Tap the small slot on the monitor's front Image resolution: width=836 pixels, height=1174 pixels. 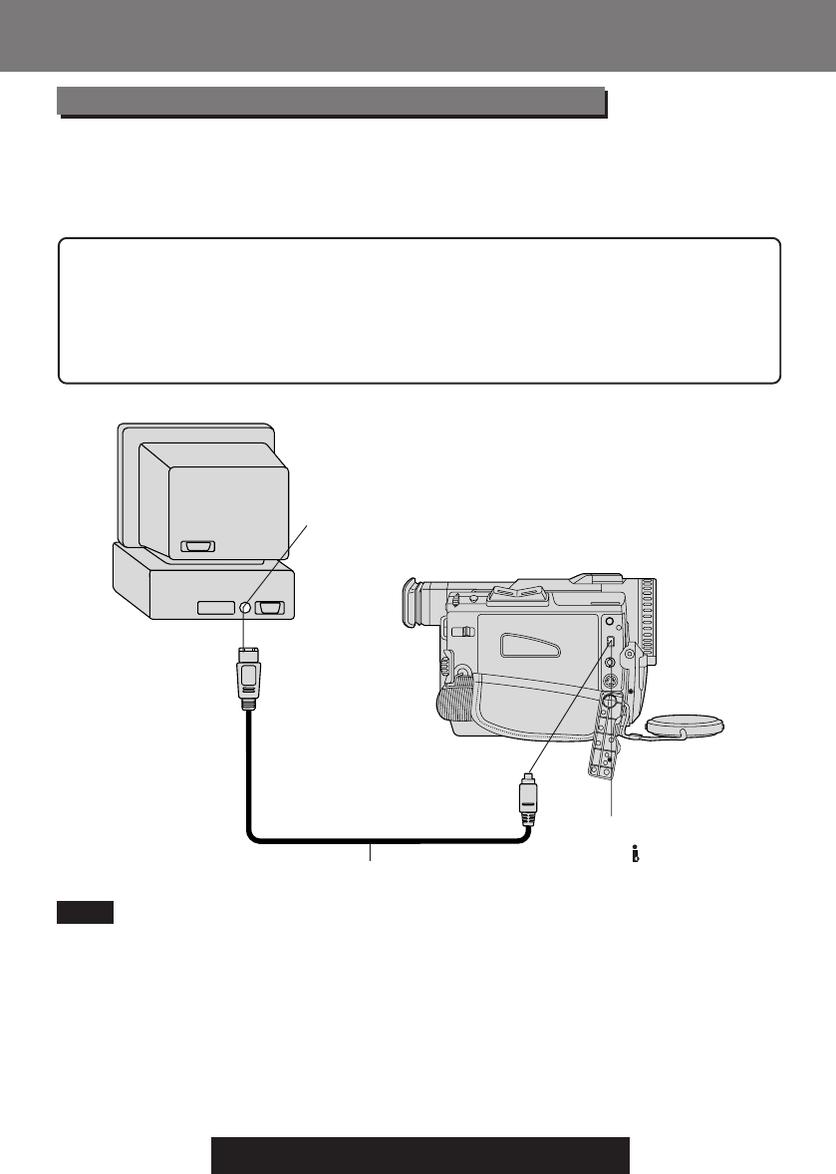tap(198, 547)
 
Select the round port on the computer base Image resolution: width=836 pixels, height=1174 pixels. tap(244, 607)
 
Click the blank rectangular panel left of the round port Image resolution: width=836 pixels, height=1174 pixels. tap(217, 607)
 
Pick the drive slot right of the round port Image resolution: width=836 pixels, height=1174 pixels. tap(270, 607)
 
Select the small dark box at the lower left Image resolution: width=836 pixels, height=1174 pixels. tap(85, 912)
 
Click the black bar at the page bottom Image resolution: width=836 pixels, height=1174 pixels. tap(420, 1154)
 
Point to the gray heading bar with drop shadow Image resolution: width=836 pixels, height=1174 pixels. tap(331, 101)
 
